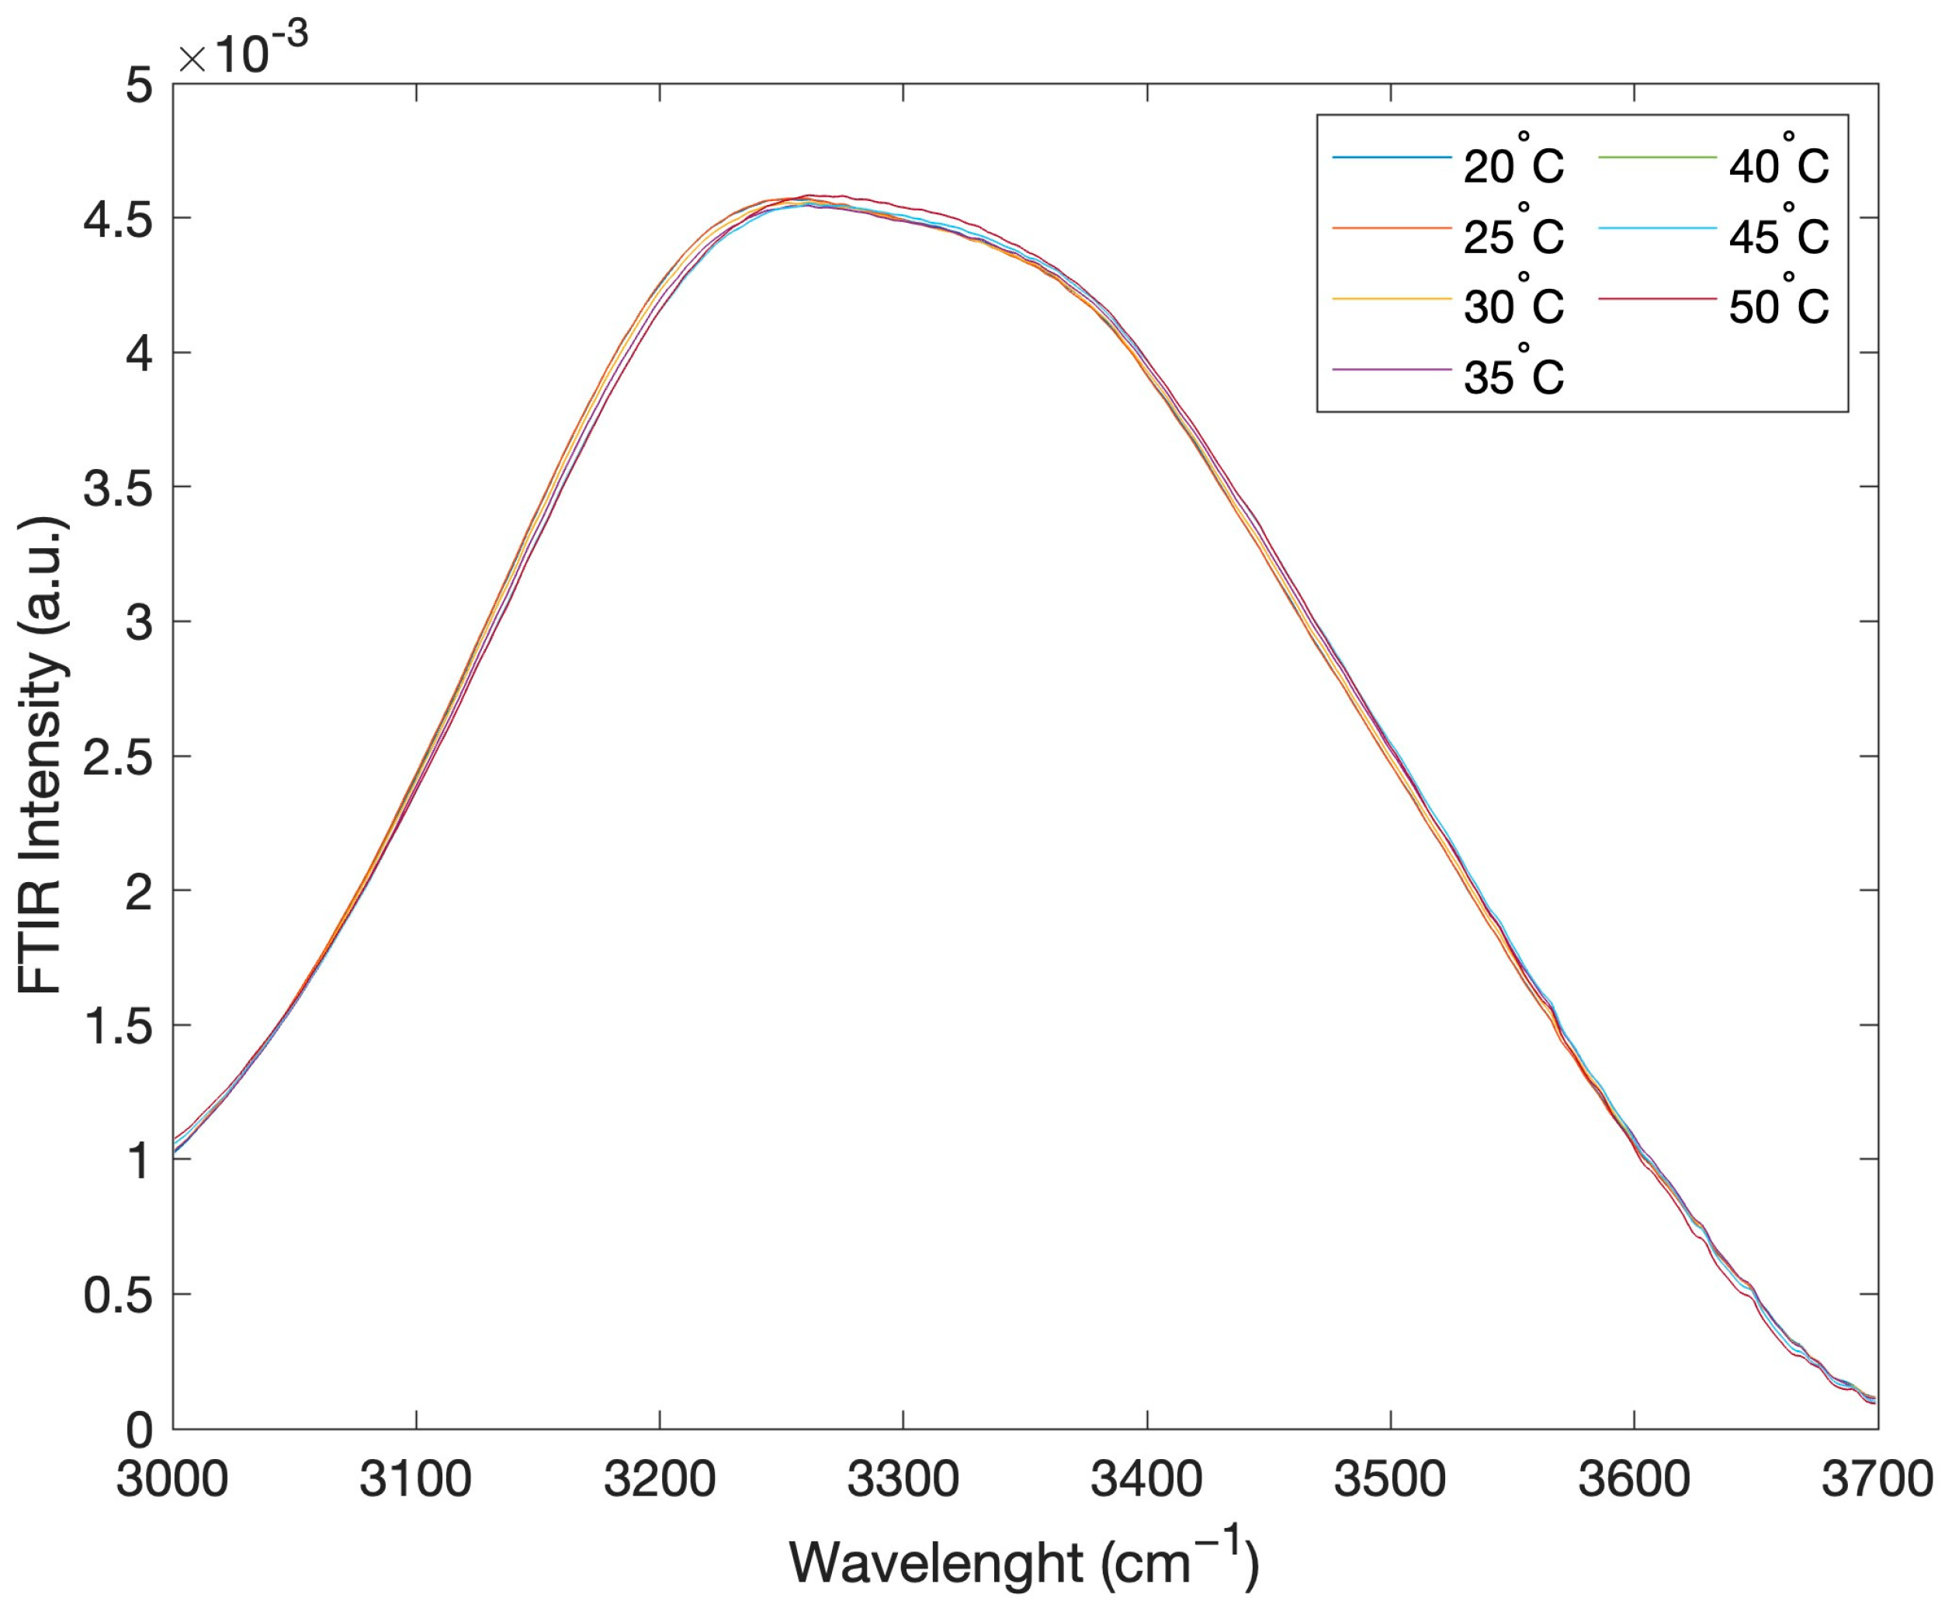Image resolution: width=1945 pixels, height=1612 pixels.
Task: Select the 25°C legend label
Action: click(1513, 235)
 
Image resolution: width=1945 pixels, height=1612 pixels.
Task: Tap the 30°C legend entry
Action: click(1513, 306)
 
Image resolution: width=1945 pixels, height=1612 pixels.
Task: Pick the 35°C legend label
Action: click(1513, 376)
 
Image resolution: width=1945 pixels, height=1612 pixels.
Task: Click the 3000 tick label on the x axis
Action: click(172, 1478)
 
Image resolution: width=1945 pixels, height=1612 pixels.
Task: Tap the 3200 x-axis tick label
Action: click(660, 1478)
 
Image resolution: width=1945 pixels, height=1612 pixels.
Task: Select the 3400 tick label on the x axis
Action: click(1146, 1478)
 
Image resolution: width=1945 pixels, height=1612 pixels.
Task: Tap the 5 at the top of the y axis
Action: click(138, 85)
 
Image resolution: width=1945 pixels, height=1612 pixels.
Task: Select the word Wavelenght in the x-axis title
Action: click(935, 1563)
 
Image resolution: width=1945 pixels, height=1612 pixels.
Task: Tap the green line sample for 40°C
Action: click(1657, 158)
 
